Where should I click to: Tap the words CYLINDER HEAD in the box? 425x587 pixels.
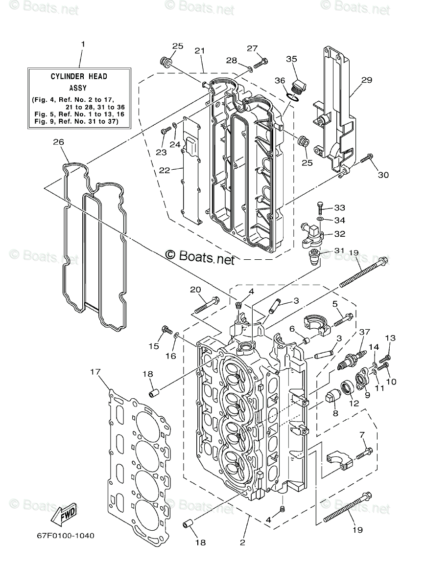point(79,76)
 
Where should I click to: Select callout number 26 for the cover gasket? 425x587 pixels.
point(58,142)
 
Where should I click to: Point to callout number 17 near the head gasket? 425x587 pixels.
point(95,372)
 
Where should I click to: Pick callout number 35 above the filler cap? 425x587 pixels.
point(291,59)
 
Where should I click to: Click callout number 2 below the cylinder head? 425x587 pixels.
point(242,542)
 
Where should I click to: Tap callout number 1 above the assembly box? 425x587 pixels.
point(83,44)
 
